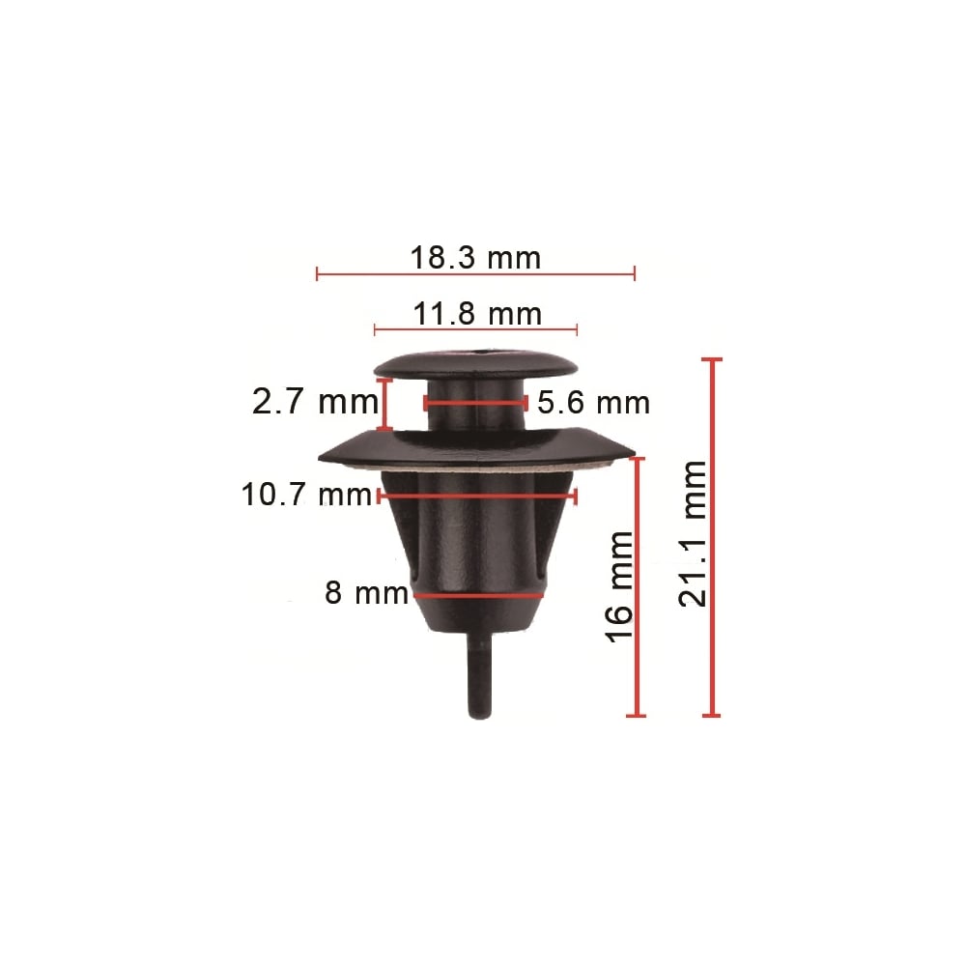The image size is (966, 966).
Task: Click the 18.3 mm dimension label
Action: pyautogui.click(x=475, y=258)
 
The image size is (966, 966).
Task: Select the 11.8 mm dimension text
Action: pyautogui.click(x=477, y=314)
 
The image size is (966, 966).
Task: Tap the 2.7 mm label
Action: pyautogui.click(x=315, y=402)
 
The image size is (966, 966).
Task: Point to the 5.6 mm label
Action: pyautogui.click(x=593, y=403)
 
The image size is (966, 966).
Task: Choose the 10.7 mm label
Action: pyautogui.click(x=307, y=494)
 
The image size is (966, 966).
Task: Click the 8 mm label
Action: pyautogui.click(x=366, y=593)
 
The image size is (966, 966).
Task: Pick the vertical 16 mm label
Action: pyautogui.click(x=620, y=587)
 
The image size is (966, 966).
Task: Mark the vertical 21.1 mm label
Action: pyautogui.click(x=693, y=533)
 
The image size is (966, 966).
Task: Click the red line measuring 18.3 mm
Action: pyautogui.click(x=475, y=274)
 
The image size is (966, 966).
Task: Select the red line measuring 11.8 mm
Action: pyautogui.click(x=475, y=330)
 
